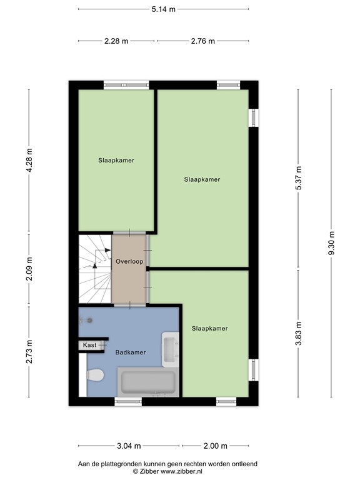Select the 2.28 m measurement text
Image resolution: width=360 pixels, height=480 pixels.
click(116, 41)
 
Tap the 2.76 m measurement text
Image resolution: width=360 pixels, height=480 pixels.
click(202, 41)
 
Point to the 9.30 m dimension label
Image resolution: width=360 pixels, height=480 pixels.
click(331, 242)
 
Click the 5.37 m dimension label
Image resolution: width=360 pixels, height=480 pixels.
click(298, 179)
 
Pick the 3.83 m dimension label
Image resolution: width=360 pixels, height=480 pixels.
click(298, 332)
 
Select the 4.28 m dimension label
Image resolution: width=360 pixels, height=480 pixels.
click(29, 161)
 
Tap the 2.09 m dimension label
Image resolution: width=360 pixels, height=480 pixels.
click(29, 270)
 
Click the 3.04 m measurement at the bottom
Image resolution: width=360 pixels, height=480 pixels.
click(129, 446)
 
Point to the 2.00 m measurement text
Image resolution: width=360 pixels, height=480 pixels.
click(216, 446)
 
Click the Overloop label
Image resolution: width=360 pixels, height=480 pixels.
click(129, 261)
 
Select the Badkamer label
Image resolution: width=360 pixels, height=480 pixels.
click(131, 352)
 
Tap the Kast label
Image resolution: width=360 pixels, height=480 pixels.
click(90, 344)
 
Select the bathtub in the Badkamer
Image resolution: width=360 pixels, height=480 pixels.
click(147, 381)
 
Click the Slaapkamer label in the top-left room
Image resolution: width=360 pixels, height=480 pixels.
click(116, 160)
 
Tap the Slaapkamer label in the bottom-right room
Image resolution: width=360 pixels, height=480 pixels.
click(209, 328)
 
